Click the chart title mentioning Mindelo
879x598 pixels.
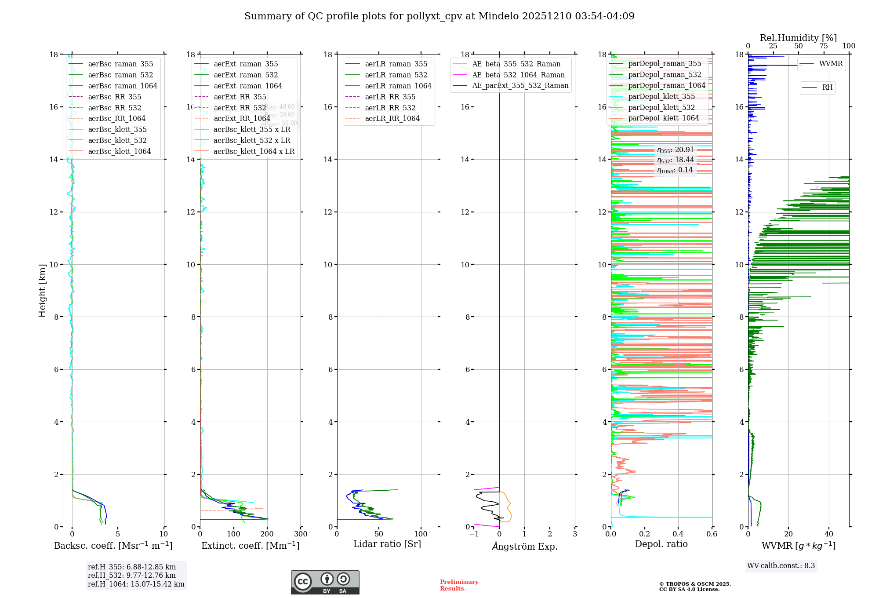[x=439, y=16]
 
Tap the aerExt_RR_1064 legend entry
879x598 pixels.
[x=242, y=119]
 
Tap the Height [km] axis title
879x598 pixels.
[x=42, y=290]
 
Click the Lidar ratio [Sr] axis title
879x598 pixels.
[x=387, y=544]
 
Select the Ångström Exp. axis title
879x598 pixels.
[x=524, y=546]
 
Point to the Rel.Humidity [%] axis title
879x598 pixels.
[x=798, y=38]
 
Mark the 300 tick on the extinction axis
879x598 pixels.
[x=301, y=534]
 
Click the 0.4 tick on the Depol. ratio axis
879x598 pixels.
[x=678, y=534]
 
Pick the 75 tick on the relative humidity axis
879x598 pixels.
[x=824, y=46]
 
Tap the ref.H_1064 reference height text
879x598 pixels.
[x=136, y=584]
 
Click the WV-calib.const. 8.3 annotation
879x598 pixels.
[x=781, y=566]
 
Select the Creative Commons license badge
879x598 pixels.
[x=325, y=582]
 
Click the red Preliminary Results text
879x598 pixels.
[x=459, y=585]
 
